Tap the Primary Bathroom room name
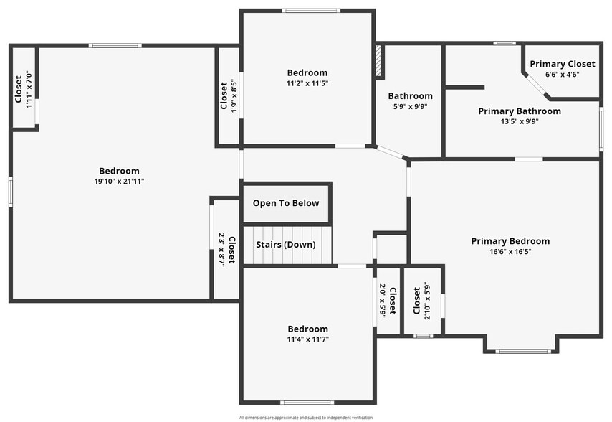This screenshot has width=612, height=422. tap(520, 111)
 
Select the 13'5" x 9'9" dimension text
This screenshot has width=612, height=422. tap(520, 121)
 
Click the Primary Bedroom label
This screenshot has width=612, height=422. tap(510, 241)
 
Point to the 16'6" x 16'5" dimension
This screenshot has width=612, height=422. tap(510, 251)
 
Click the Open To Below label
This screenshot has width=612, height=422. tap(286, 203)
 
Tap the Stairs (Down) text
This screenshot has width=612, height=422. tap(286, 244)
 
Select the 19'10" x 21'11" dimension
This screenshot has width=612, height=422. tap(119, 181)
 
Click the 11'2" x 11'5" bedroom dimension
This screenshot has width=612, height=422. tap(307, 83)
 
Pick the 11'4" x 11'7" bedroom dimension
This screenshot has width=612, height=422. tap(308, 339)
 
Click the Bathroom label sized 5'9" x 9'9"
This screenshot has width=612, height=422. tap(410, 96)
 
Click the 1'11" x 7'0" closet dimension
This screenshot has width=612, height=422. tap(29, 89)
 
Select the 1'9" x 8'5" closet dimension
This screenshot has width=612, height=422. tap(234, 95)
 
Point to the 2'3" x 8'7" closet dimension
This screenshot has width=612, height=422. tap(221, 249)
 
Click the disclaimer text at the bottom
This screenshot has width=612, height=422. tap(306, 417)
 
